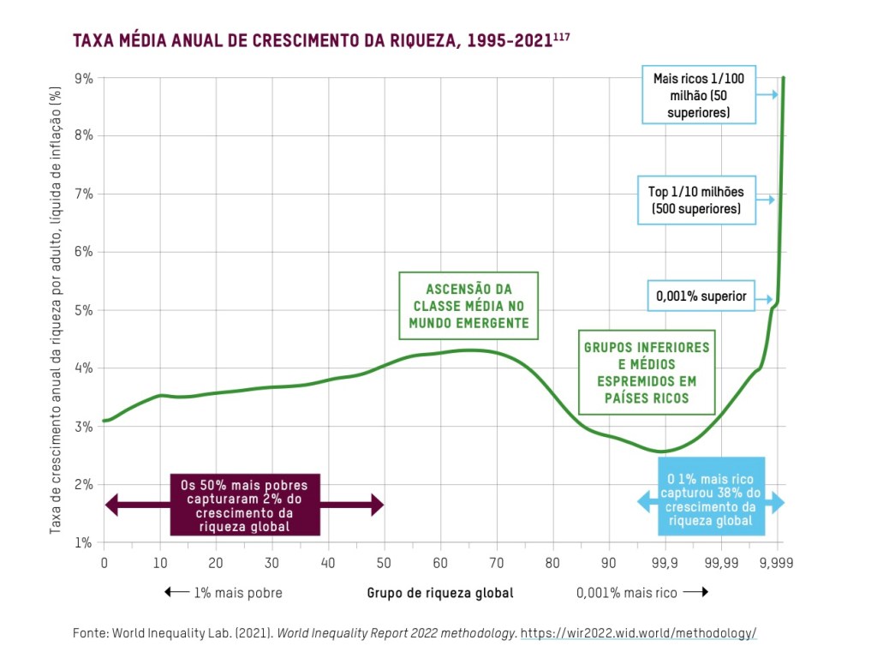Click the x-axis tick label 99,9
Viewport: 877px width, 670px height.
(x=664, y=563)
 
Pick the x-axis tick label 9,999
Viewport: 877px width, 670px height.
(x=776, y=563)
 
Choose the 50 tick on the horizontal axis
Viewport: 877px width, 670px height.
(x=385, y=563)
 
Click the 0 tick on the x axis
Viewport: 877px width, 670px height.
(x=104, y=563)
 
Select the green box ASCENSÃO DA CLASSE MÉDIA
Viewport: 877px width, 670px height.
(x=468, y=306)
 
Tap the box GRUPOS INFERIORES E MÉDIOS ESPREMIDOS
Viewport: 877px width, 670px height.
(x=647, y=373)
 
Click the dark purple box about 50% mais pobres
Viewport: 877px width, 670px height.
(x=245, y=505)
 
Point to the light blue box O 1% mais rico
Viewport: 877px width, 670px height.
(x=710, y=500)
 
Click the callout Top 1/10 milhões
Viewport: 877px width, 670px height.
(x=696, y=200)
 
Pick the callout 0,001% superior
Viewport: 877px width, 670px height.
(x=701, y=297)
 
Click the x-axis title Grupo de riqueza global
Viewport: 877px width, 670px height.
(x=440, y=592)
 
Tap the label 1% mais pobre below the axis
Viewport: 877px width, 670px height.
(x=224, y=592)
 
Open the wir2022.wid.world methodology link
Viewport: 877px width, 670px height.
(x=639, y=633)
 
